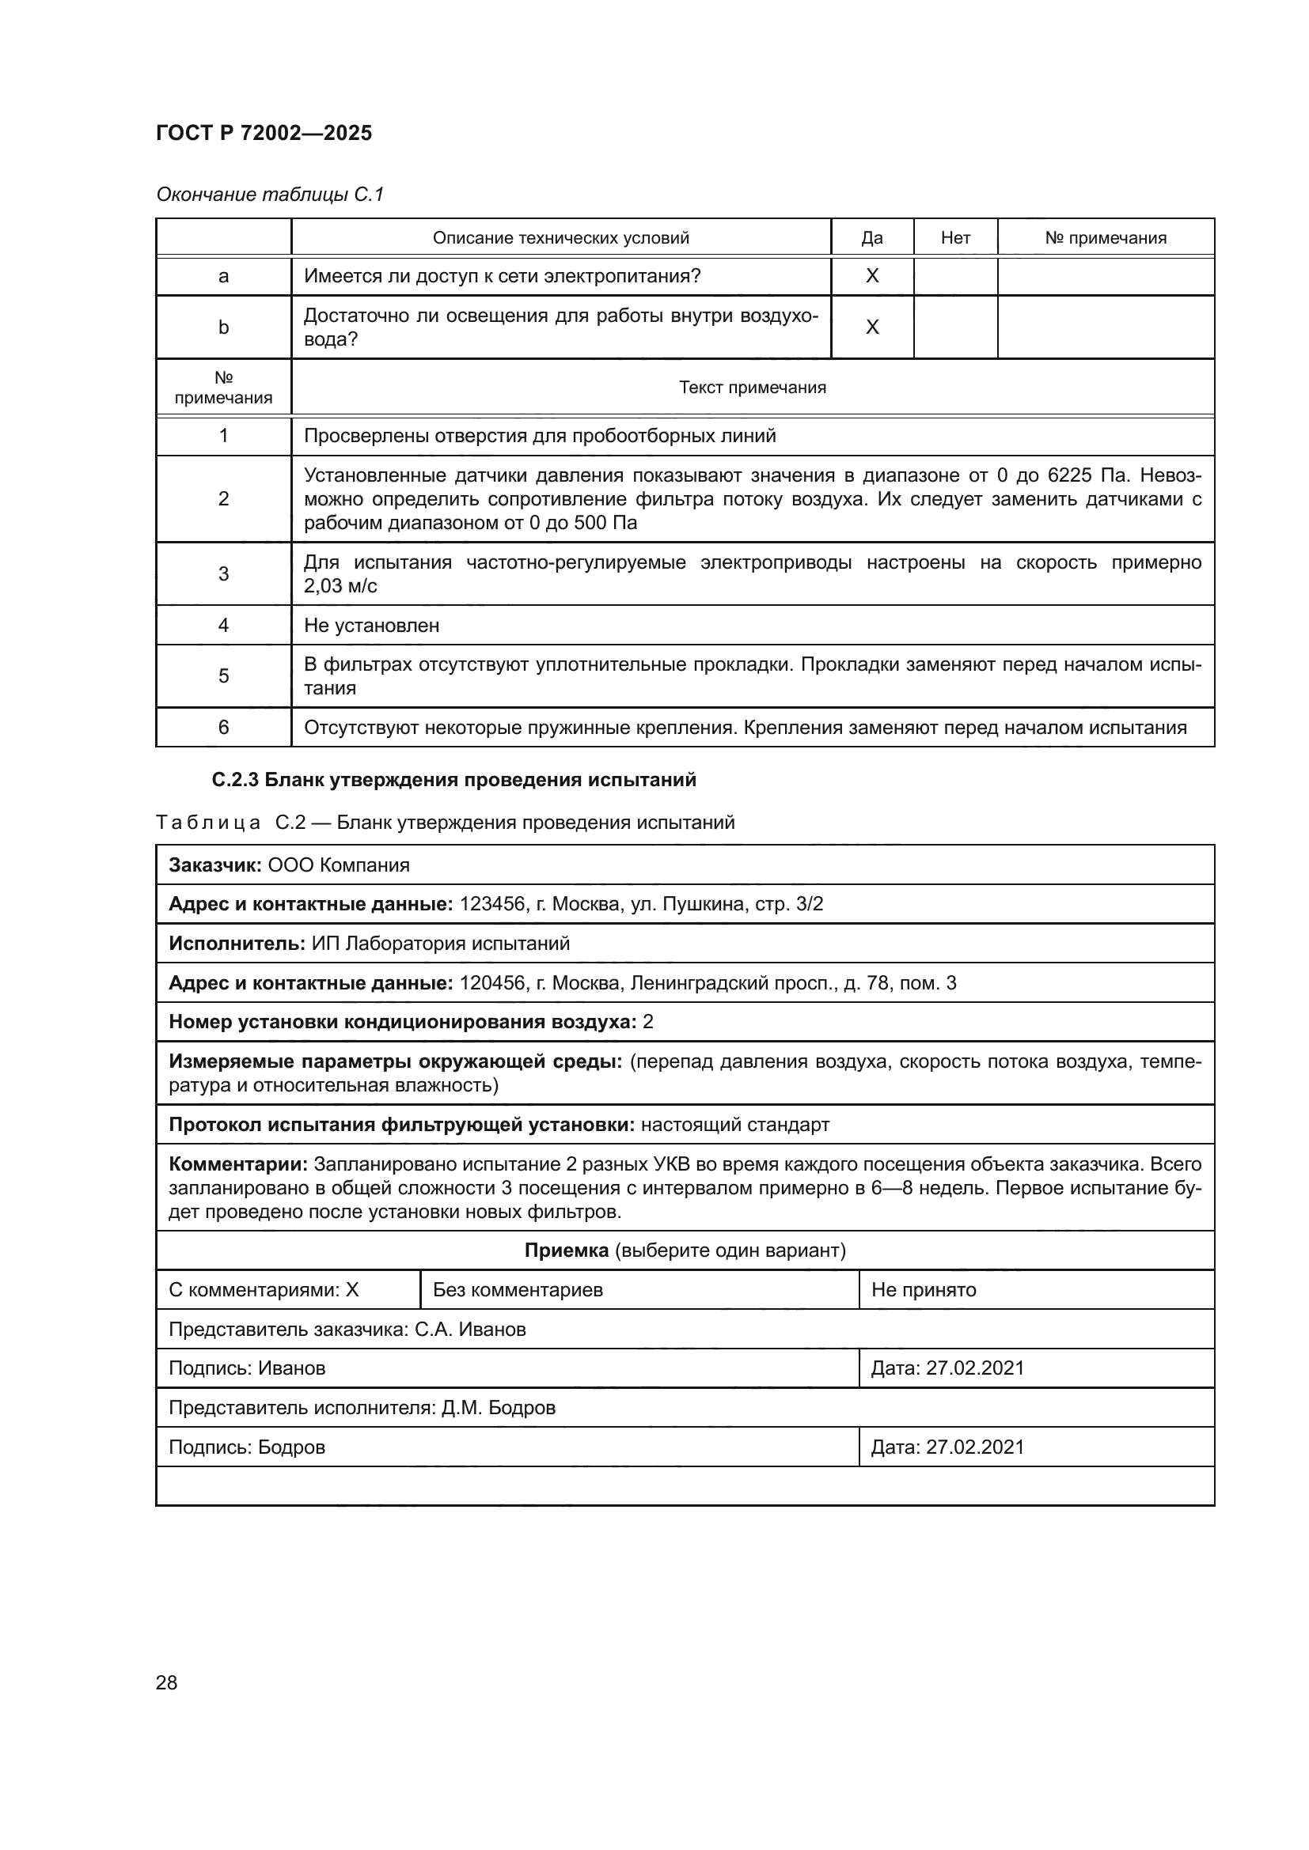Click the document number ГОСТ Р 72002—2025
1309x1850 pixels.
[x=264, y=133]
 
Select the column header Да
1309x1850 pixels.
[x=871, y=238]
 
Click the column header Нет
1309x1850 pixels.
[x=955, y=238]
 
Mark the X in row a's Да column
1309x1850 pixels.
[x=871, y=276]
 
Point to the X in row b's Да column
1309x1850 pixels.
[x=871, y=327]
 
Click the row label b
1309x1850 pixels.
[x=223, y=327]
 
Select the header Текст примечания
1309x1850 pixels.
[x=752, y=388]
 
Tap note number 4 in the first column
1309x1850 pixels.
[x=223, y=626]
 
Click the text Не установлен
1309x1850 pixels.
[x=372, y=626]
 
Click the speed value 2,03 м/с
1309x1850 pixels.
[x=340, y=587]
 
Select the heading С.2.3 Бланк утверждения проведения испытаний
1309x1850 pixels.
[x=453, y=780]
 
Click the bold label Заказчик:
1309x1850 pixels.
[x=215, y=865]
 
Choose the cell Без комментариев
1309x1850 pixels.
[x=518, y=1290]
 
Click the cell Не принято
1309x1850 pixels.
[x=923, y=1290]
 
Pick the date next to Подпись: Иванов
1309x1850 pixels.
[x=974, y=1368]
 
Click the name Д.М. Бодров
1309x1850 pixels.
[x=498, y=1408]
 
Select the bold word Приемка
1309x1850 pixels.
[x=566, y=1250]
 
